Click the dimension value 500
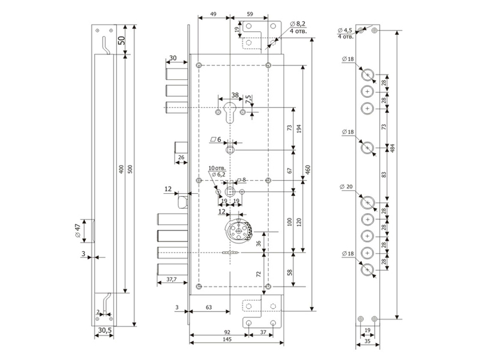[x=130, y=169]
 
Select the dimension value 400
[x=122, y=169]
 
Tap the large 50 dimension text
[x=122, y=40]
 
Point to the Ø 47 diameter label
[x=77, y=230]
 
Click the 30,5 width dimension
[x=104, y=331]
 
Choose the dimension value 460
[x=308, y=169]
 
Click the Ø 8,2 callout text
[x=298, y=23]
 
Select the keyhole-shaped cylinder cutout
[x=230, y=113]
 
